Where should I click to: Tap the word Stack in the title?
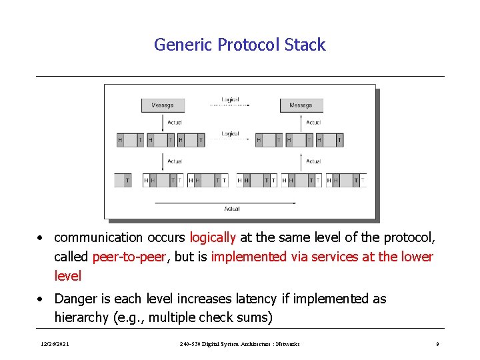click(305, 45)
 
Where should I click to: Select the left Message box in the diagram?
click(162, 105)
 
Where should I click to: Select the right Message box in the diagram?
click(301, 105)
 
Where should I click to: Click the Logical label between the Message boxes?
click(230, 100)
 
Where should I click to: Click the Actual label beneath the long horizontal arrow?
click(231, 209)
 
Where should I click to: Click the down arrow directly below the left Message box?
click(163, 123)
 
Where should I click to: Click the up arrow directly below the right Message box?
click(301, 123)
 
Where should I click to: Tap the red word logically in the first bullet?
click(213, 237)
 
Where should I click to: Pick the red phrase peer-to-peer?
click(129, 257)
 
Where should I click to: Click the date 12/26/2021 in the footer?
click(55, 344)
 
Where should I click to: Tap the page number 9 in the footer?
click(437, 344)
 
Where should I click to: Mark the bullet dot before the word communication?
click(41, 238)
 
